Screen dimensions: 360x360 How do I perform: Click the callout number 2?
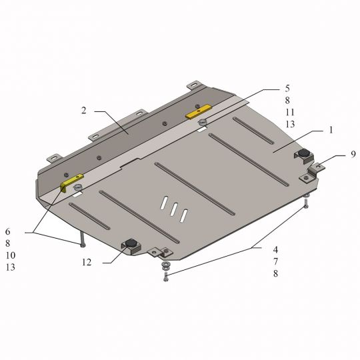coord(84,111)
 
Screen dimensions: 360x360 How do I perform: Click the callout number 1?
coord(331,130)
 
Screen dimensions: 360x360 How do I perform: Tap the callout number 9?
coord(353,154)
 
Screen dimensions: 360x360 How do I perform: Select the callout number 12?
coord(87,262)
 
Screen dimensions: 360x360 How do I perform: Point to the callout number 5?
coord(287,89)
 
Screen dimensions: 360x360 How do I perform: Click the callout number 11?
coord(290,112)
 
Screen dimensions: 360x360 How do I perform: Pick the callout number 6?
coord(8,231)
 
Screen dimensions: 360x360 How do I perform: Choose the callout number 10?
coord(11,255)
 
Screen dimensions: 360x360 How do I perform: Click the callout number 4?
coord(275,249)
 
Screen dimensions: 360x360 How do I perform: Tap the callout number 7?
coord(275,261)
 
